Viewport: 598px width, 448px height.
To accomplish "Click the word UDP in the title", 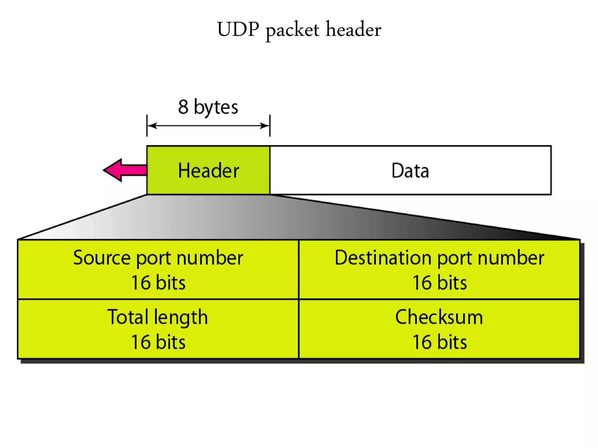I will click(238, 29).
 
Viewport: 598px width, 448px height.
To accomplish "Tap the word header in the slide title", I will click(353, 29).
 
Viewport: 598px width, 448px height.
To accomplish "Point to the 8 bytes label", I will click(208, 107).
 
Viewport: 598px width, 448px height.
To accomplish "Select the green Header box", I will click(208, 170).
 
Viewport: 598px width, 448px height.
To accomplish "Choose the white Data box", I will click(410, 170).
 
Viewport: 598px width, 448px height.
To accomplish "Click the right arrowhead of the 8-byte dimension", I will click(265, 126).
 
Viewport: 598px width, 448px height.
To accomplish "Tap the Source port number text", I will click(158, 258).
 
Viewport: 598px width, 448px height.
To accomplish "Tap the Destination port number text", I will click(439, 258).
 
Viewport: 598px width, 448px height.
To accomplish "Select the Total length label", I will click(158, 317).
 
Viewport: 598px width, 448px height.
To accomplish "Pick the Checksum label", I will click(439, 317).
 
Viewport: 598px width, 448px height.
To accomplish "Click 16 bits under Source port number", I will click(158, 283).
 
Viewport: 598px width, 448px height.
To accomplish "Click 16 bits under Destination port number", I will click(439, 283).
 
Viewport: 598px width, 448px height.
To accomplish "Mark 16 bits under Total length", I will click(158, 342).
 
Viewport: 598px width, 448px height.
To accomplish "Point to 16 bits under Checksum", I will click(439, 342).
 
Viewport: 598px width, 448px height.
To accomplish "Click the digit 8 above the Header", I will click(183, 107).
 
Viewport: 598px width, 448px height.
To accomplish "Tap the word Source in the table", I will click(102, 258).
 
